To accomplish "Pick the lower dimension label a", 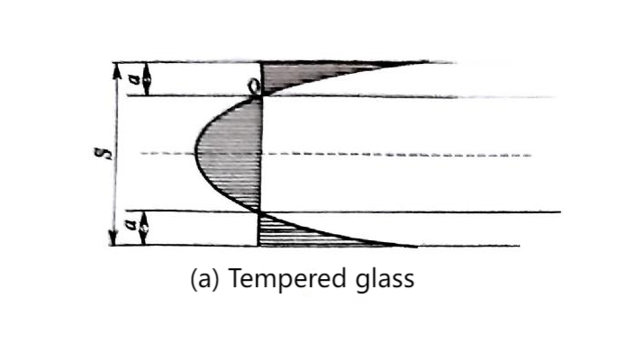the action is (x=132, y=226).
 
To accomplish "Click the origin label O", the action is (x=254, y=86).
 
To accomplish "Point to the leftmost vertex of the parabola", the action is (x=195, y=154).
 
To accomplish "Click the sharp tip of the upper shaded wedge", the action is (x=426, y=62).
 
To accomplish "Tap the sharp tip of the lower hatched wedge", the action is (x=415, y=247).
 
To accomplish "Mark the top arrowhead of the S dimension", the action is (x=117, y=70).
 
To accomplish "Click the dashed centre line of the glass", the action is (x=336, y=154).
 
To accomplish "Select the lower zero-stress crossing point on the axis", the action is (x=259, y=212).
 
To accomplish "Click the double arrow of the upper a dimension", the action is (x=146, y=79).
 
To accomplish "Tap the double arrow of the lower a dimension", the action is (x=143, y=229).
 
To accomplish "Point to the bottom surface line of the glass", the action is (x=314, y=246).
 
